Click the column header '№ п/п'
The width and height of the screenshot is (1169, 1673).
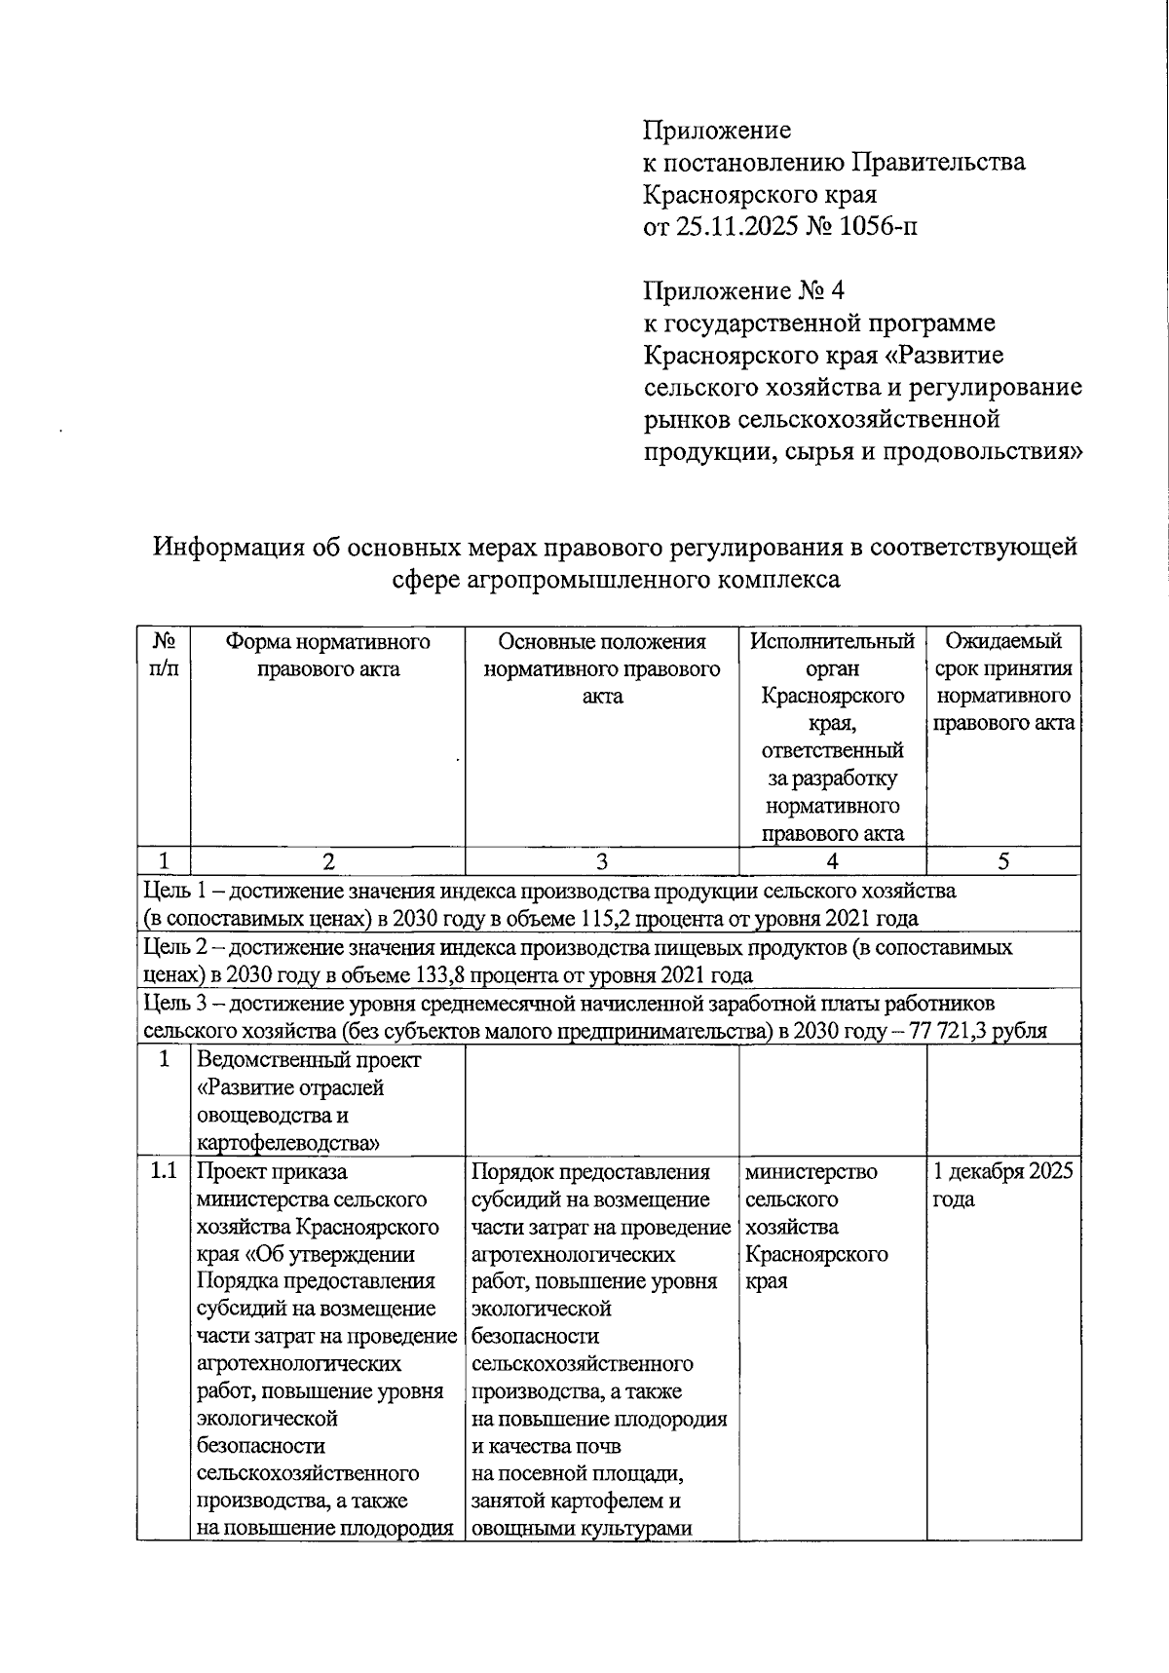tap(164, 655)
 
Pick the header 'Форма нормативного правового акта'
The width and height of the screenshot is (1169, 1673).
tap(327, 655)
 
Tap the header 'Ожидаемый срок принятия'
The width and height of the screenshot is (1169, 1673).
tap(1003, 655)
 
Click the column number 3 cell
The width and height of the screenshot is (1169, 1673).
tap(601, 861)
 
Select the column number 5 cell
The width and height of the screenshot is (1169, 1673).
tap(1003, 861)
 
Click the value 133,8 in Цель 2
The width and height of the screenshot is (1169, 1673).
tap(463, 975)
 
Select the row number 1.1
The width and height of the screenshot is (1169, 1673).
tap(164, 1171)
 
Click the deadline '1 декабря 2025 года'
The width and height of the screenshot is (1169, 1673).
tap(1002, 1184)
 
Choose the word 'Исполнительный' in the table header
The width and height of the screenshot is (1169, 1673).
tap(832, 641)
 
